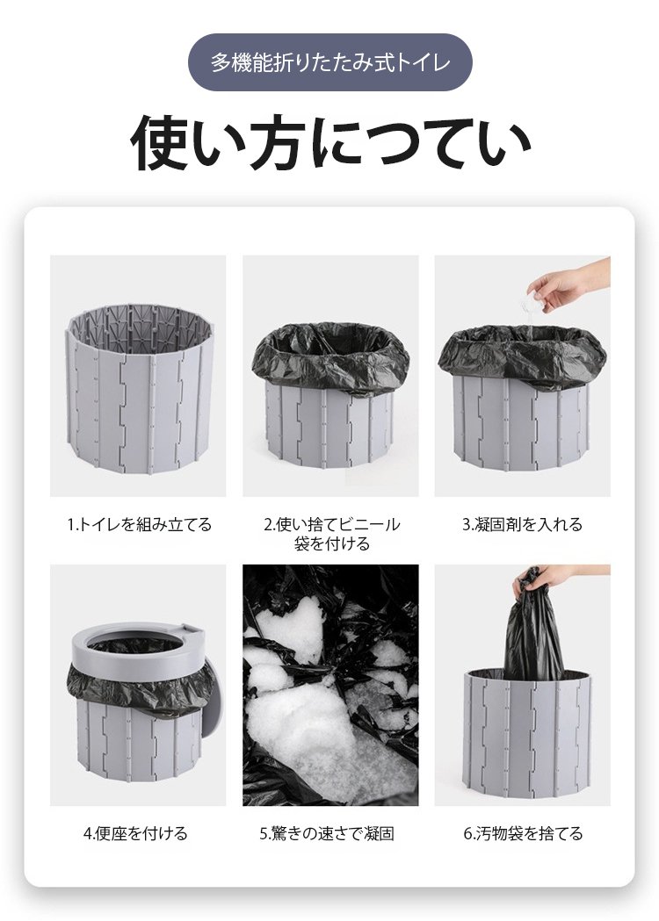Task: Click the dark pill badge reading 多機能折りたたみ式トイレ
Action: pyautogui.click(x=329, y=62)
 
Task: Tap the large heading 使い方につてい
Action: pyautogui.click(x=330, y=144)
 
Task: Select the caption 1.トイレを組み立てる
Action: pyautogui.click(x=139, y=524)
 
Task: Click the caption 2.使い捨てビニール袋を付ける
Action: pyautogui.click(x=331, y=534)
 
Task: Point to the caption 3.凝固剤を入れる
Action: pyautogui.click(x=522, y=524)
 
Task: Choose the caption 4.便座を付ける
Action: pyautogui.click(x=135, y=833)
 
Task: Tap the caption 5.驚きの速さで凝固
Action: pyautogui.click(x=327, y=833)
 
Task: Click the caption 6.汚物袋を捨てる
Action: pyautogui.click(x=523, y=833)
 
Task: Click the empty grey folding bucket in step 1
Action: pyautogui.click(x=138, y=391)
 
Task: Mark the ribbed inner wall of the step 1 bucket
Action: pyautogui.click(x=138, y=329)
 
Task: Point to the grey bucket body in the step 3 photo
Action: pyautogui.click(x=523, y=426)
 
